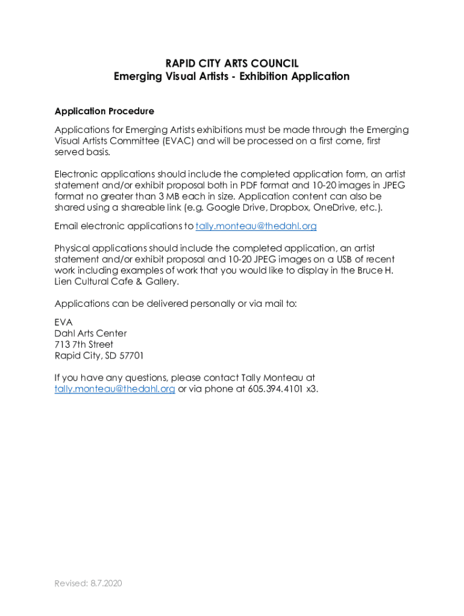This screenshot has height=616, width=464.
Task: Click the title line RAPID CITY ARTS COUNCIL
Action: [x=231, y=64]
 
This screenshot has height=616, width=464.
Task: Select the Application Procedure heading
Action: [x=104, y=111]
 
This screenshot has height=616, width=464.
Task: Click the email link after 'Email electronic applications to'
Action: [x=256, y=226]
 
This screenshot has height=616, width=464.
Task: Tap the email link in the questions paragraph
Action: [x=114, y=389]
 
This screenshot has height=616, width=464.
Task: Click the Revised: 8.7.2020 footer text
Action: [x=88, y=584]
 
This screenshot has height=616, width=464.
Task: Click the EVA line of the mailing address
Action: [x=63, y=322]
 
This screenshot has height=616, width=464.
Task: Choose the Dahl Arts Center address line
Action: [x=90, y=333]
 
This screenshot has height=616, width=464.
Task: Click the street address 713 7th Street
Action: [x=84, y=345]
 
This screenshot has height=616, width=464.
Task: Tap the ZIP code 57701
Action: [x=131, y=356]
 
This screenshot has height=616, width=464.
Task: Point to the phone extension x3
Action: [x=312, y=389]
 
